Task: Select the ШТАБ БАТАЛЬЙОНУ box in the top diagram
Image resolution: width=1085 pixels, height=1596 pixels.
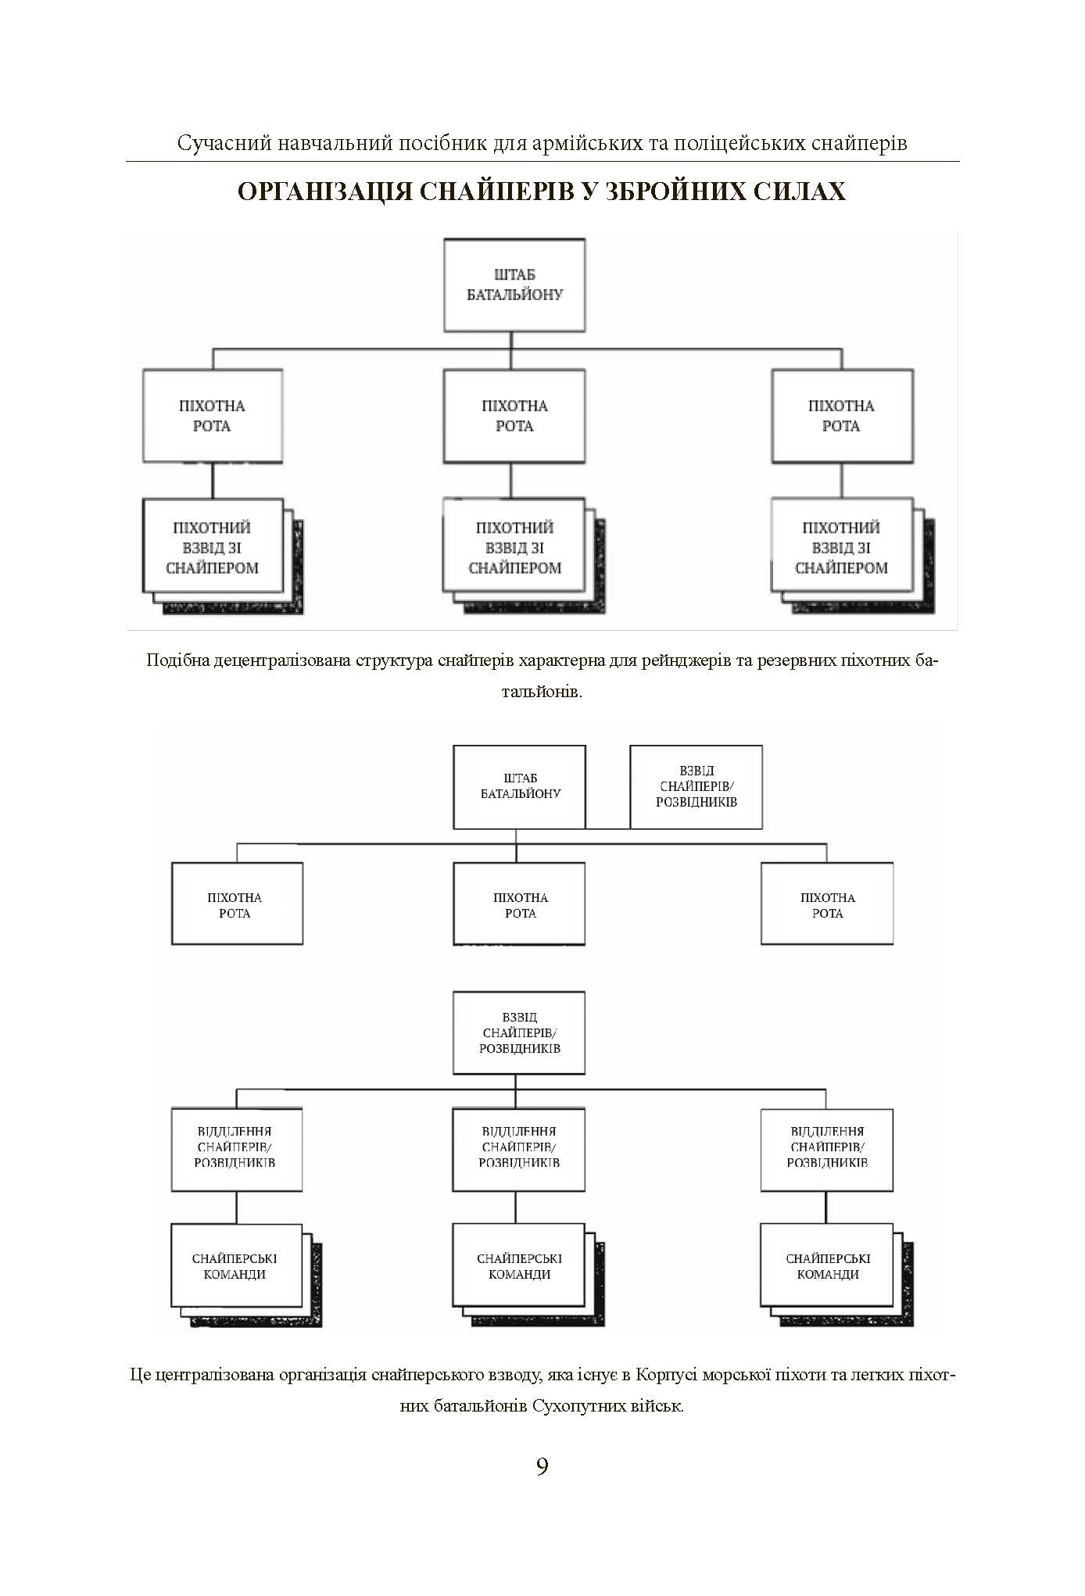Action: pos(514,285)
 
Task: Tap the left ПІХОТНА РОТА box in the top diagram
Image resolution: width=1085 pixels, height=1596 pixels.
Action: pos(212,416)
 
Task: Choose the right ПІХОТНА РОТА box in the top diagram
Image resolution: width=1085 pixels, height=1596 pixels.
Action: pos(842,416)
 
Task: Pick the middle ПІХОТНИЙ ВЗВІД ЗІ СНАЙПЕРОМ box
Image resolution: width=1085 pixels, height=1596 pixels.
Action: pos(514,547)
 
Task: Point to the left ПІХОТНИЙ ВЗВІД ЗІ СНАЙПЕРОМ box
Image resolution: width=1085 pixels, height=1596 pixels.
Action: pos(212,547)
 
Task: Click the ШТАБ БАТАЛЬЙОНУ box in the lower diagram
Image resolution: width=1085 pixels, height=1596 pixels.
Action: pos(520,786)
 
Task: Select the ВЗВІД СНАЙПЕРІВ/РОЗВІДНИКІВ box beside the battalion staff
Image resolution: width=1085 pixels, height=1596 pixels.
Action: pos(696,786)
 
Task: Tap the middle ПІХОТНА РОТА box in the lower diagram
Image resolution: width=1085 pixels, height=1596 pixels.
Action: pos(520,905)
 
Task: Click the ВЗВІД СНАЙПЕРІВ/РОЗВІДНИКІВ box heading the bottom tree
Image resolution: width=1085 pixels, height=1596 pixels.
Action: pos(519,1033)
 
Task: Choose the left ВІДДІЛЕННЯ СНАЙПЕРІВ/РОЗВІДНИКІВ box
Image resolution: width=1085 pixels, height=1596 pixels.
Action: pos(236,1147)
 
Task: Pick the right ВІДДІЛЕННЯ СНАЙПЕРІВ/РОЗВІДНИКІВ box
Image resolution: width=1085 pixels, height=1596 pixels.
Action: pos(827,1147)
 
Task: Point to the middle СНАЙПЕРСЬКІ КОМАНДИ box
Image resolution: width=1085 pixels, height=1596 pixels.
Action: pos(519,1267)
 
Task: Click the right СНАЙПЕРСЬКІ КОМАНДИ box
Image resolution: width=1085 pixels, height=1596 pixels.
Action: pos(827,1267)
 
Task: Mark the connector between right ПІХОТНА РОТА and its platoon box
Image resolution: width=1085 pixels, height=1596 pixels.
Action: pos(842,481)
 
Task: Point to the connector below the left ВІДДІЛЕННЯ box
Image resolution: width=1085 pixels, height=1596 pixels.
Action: pos(236,1208)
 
